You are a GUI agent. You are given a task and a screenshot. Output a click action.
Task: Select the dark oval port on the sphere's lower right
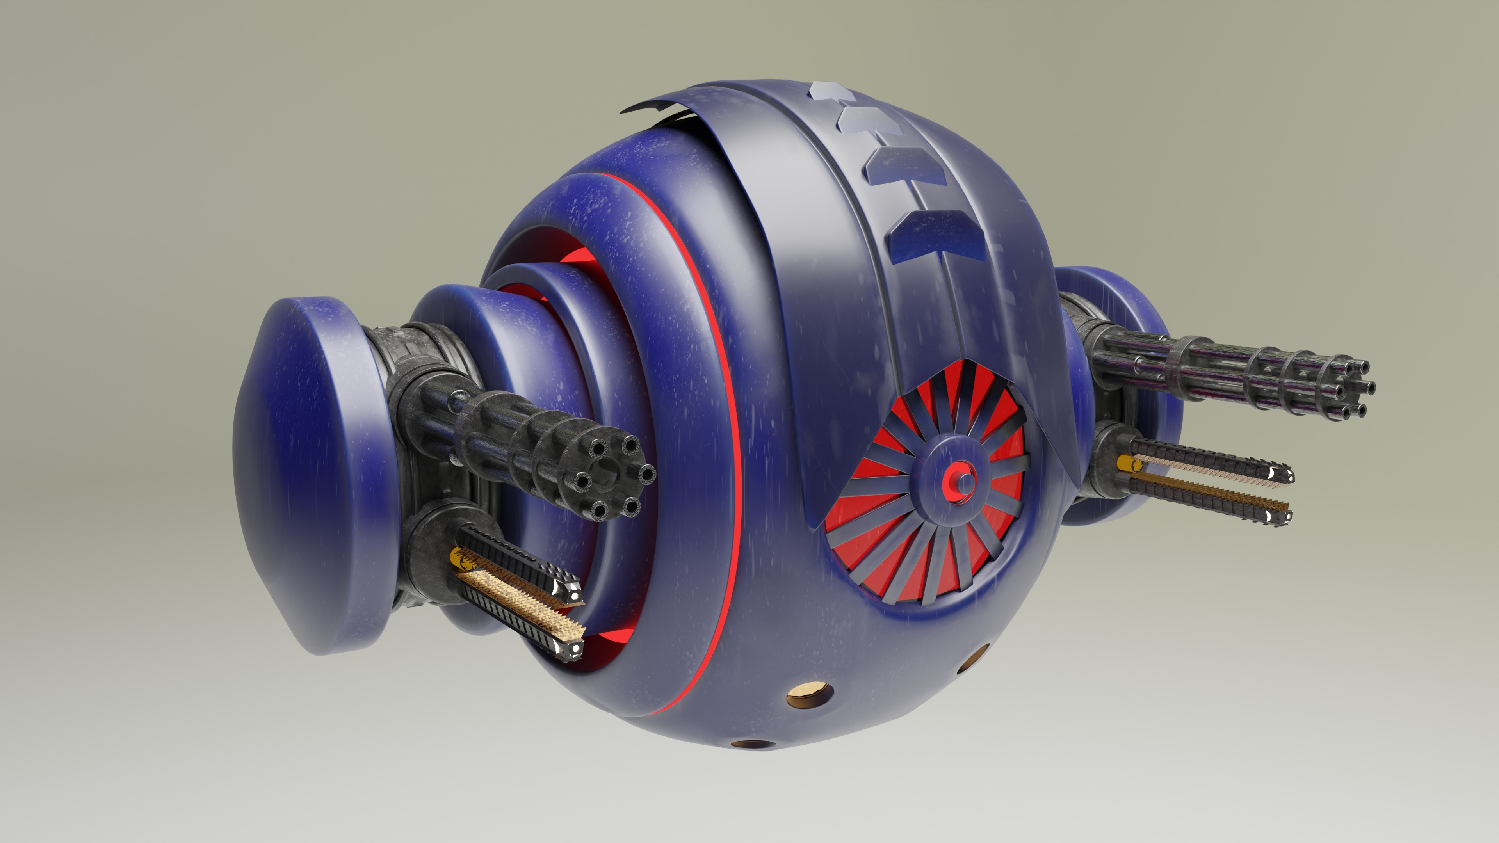point(979,654)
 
